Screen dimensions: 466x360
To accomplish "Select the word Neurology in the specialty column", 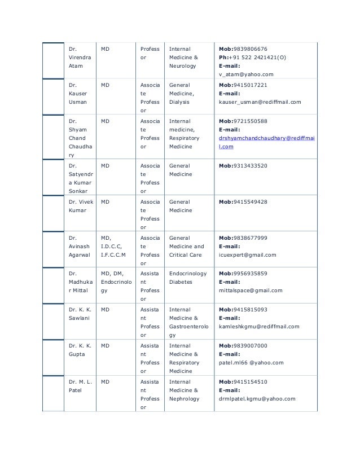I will point(182,66).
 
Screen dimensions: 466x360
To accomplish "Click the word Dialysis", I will point(179,102).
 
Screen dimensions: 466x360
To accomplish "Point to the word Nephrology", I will point(184,399).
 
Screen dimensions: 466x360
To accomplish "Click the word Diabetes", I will point(181,282).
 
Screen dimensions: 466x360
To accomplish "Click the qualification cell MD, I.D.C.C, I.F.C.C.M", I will point(113,247).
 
